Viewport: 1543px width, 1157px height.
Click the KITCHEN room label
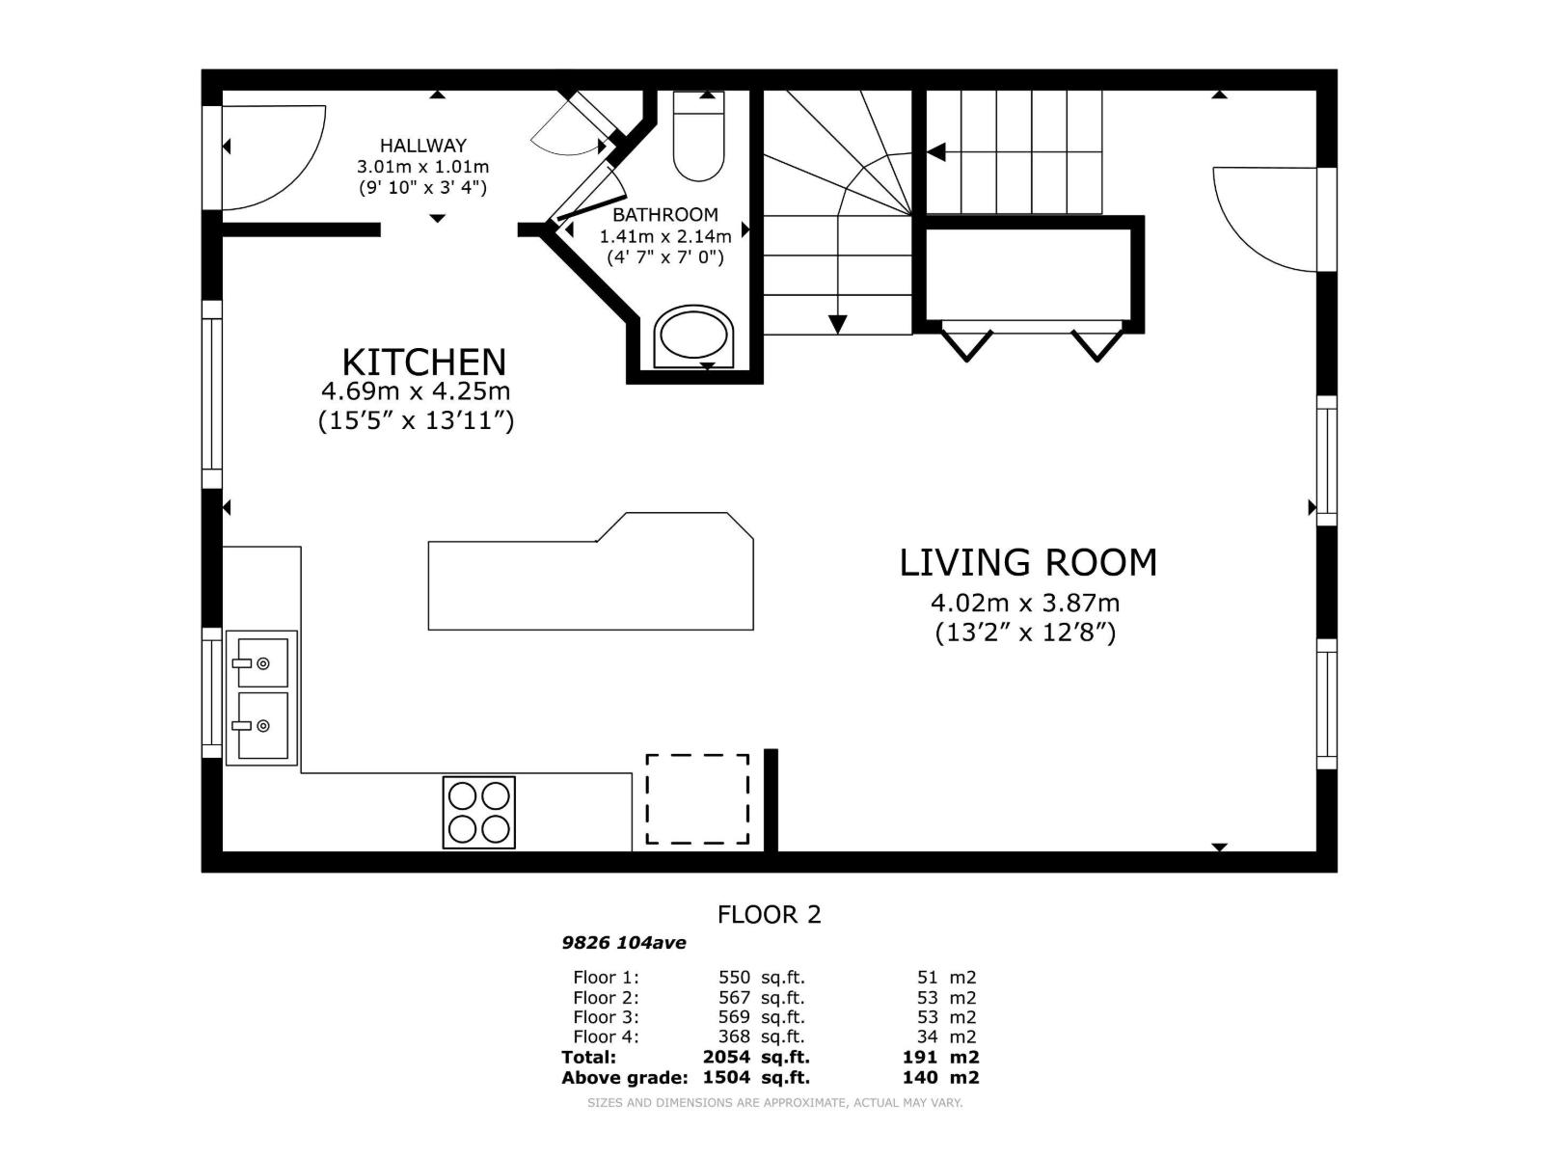(x=424, y=363)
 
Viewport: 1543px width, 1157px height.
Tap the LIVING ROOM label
(x=1028, y=563)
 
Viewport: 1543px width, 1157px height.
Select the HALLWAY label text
(x=423, y=146)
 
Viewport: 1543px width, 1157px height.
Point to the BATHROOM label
(x=665, y=214)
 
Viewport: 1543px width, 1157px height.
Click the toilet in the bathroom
(x=699, y=136)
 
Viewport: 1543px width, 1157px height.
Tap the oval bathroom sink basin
(x=693, y=336)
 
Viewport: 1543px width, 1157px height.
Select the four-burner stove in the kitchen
(x=478, y=812)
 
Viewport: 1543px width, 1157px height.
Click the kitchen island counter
(x=590, y=572)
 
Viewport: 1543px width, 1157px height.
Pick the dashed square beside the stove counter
(x=697, y=798)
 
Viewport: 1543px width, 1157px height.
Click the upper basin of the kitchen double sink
(x=262, y=662)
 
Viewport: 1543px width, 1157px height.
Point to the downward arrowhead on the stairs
(x=837, y=324)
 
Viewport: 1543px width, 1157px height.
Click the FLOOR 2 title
(x=769, y=915)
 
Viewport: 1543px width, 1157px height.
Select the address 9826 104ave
(x=624, y=943)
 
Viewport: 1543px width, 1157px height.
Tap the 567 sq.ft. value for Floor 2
(x=761, y=998)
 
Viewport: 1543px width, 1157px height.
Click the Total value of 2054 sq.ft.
(x=756, y=1058)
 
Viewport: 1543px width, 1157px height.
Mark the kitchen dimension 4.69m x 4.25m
(x=416, y=390)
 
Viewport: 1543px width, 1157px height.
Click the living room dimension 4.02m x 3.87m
(x=1025, y=603)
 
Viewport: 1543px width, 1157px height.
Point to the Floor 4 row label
(x=606, y=1036)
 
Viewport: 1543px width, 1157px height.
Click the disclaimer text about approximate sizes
(x=774, y=1103)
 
